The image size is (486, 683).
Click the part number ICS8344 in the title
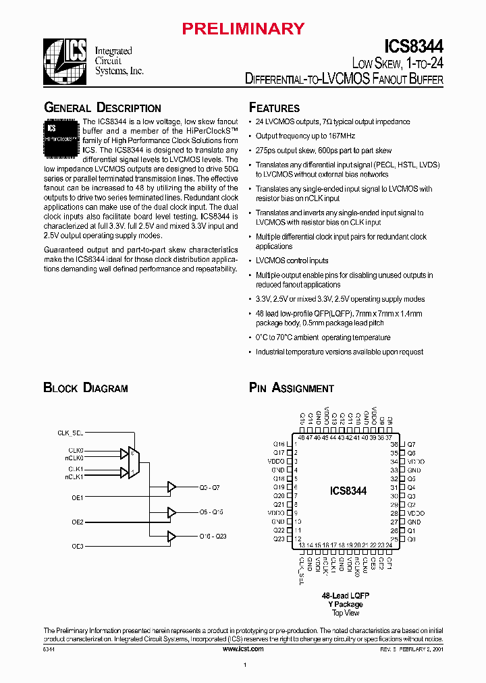[413, 47]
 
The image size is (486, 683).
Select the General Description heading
[103, 108]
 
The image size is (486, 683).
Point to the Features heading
[275, 108]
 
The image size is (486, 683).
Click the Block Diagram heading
[86, 388]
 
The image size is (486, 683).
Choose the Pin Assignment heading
[292, 388]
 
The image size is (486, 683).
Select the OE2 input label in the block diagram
[78, 522]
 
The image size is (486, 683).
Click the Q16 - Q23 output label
[212, 536]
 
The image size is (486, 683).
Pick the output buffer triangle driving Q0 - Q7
[171, 487]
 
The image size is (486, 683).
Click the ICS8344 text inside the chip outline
[348, 491]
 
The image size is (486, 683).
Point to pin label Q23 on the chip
[279, 539]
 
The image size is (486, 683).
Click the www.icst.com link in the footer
[243, 648]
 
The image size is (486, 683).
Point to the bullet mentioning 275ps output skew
[323, 151]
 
